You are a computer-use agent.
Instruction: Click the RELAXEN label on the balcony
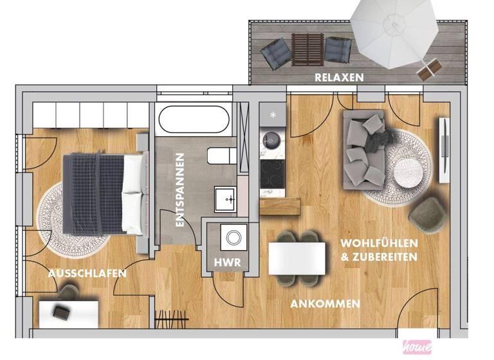(x=340, y=77)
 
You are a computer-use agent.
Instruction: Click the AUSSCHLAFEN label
(x=87, y=274)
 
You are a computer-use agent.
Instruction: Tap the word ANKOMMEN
(x=325, y=303)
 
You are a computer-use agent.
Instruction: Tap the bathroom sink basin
(x=226, y=199)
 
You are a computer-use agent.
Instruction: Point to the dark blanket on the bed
(x=93, y=193)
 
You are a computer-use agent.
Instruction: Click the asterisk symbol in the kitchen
(x=273, y=115)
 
